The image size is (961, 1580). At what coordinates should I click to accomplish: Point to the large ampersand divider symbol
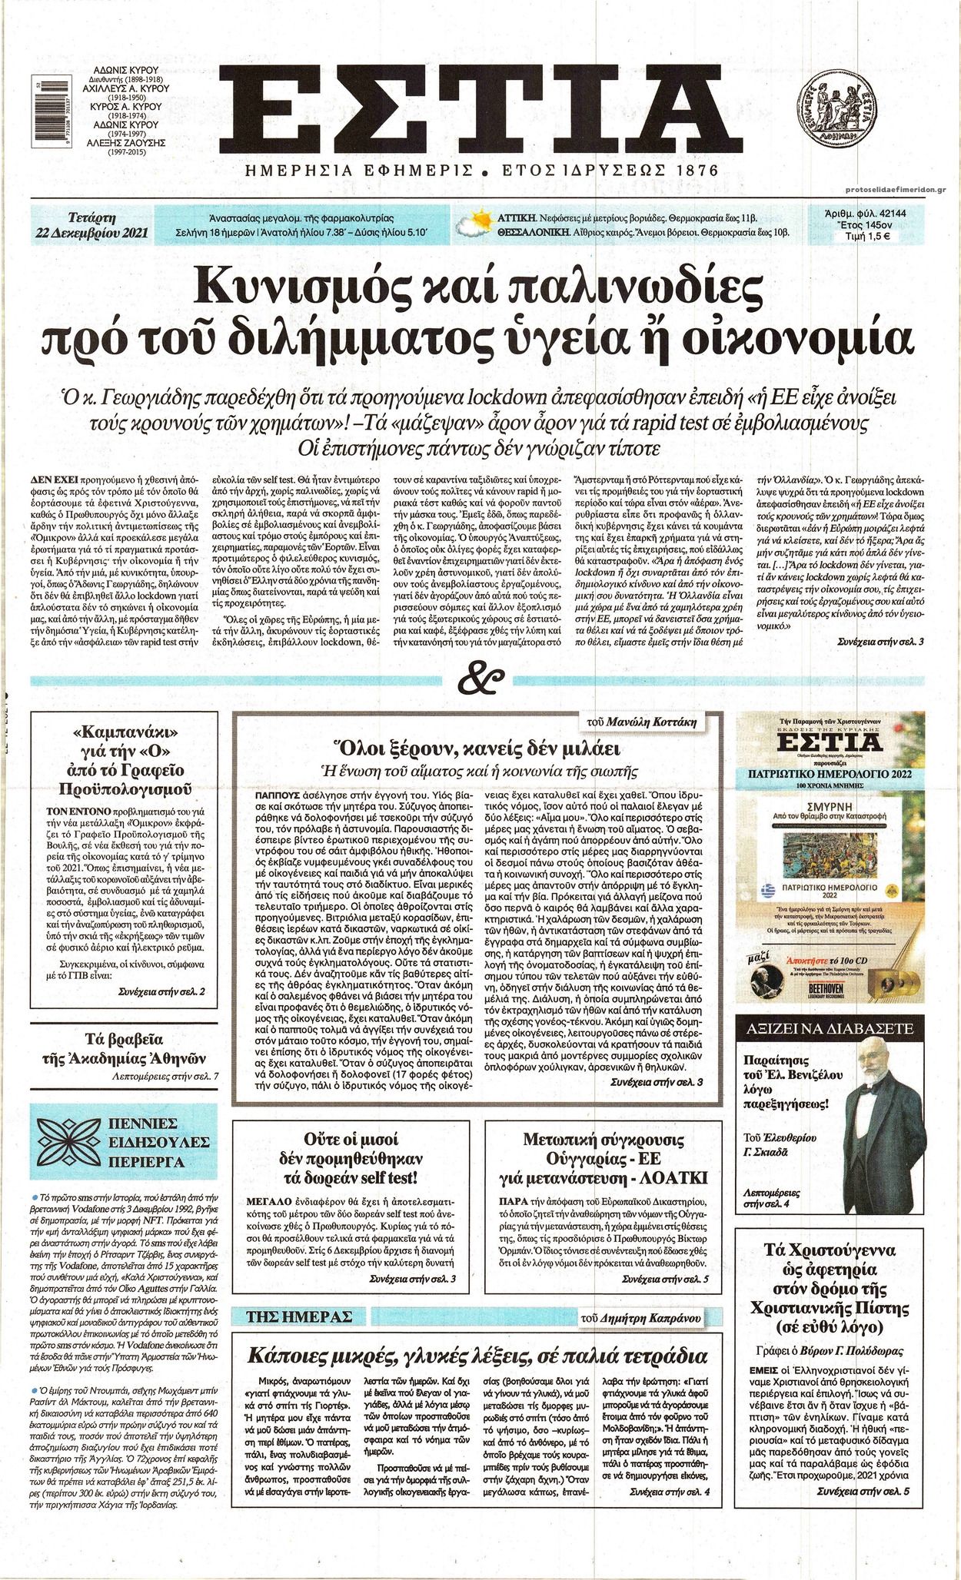pos(480,680)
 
